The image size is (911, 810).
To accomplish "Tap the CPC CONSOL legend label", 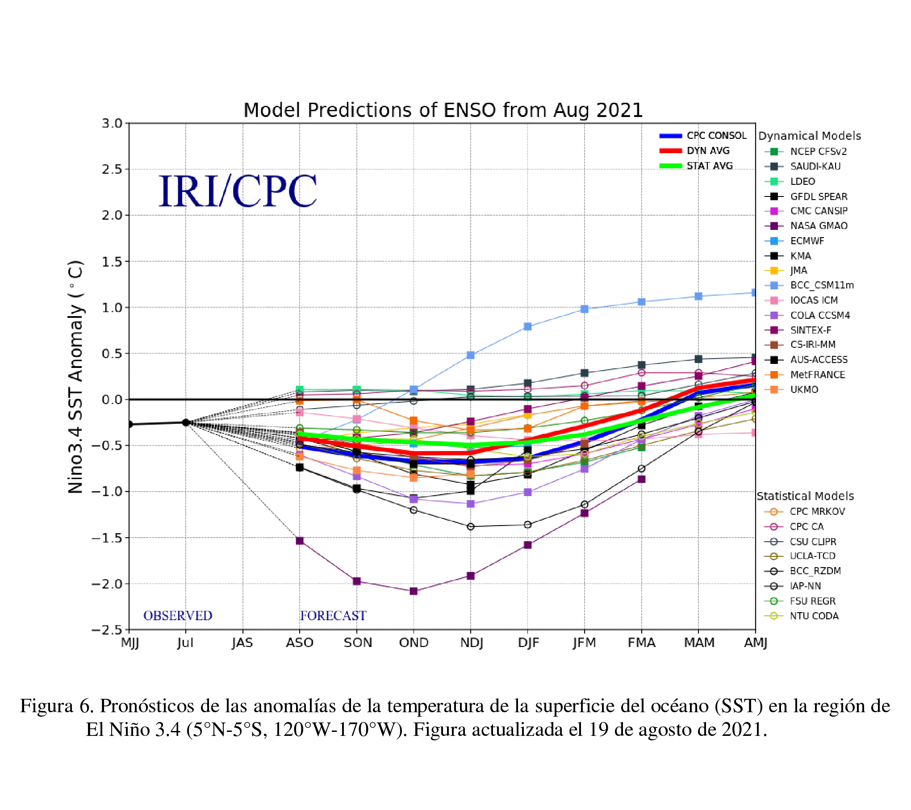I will coord(716,136).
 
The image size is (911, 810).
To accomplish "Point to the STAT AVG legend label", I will coord(709,166).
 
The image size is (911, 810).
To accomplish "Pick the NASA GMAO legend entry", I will coord(818,226).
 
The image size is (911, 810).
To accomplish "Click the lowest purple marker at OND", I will coord(414,591).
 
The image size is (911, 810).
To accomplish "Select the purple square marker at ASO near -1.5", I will coord(300,541).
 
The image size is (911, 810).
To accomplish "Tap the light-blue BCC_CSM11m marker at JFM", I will coord(584,309).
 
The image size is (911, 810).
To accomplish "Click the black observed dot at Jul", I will coord(186,422).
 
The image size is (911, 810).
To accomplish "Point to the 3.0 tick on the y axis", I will coord(112,124).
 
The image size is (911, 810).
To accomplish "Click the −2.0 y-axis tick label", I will coord(107,584).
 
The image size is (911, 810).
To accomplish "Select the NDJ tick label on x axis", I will coord(471,643).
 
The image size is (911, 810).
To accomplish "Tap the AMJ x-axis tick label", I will coord(755,643).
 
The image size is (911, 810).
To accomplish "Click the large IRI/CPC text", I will coord(238,192).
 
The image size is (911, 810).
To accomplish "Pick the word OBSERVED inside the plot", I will coord(177,616).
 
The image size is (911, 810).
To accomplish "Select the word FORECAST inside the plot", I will coord(333,616).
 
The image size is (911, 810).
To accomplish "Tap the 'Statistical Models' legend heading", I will coord(805,497).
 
